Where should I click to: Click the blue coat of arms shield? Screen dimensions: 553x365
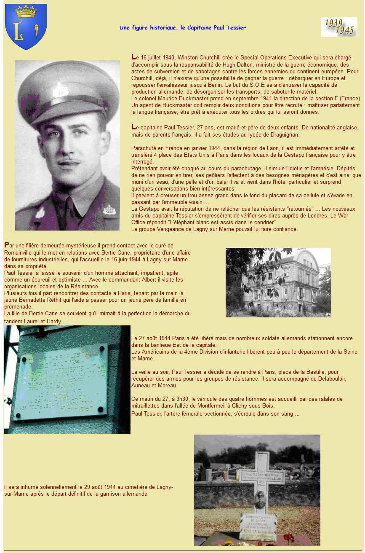coord(26,27)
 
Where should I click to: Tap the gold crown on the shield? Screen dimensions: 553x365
coord(26,11)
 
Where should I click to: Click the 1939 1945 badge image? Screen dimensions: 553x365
coord(339,27)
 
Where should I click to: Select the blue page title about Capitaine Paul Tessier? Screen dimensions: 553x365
coord(182,28)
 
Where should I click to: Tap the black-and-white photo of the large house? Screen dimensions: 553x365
coord(278,282)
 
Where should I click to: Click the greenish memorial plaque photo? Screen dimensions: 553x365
coord(67,379)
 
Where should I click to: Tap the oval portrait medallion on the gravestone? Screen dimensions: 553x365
coord(260,500)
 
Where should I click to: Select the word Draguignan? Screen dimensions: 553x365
coord(285,134)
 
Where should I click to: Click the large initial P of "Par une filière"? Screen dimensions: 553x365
coord(6,245)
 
